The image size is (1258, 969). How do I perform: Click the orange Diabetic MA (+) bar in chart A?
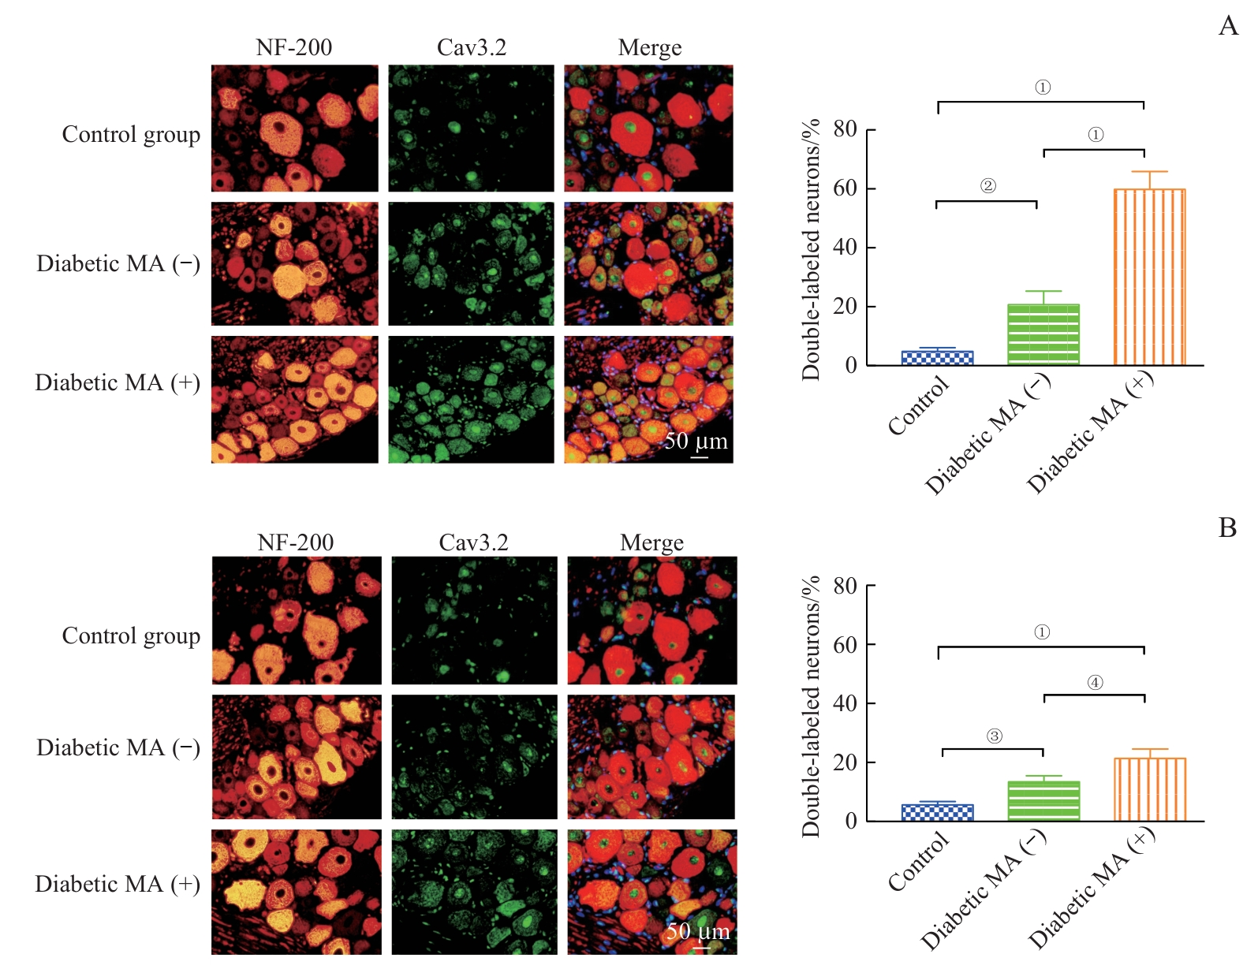coord(1149,277)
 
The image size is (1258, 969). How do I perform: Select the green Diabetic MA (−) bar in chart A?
coord(1043,334)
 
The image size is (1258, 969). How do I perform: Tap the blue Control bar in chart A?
coord(937,357)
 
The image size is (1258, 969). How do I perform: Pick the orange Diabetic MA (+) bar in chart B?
coord(1149,789)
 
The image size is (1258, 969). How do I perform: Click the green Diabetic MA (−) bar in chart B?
coord(1043,801)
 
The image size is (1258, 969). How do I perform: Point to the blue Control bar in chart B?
coord(937,812)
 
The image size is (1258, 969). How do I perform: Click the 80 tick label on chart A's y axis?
coord(845,129)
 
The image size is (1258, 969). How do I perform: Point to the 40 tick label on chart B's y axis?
coord(845,703)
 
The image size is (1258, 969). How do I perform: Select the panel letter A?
coord(1228,26)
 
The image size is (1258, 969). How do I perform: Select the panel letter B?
coord(1227,527)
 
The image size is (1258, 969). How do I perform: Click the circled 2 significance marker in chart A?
coord(987,186)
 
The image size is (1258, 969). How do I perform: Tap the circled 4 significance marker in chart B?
coord(1095,683)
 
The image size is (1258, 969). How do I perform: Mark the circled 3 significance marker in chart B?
coord(994,736)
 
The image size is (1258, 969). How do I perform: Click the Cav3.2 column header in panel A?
coord(472,48)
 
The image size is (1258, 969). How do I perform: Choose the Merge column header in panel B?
coord(651,543)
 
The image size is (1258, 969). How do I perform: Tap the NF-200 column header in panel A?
coord(294,48)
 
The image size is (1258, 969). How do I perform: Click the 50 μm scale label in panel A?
coord(696,441)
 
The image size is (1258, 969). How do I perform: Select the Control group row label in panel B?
coord(131,635)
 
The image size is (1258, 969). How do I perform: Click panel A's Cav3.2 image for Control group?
coord(471,129)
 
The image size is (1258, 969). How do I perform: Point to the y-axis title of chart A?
coord(811,249)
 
